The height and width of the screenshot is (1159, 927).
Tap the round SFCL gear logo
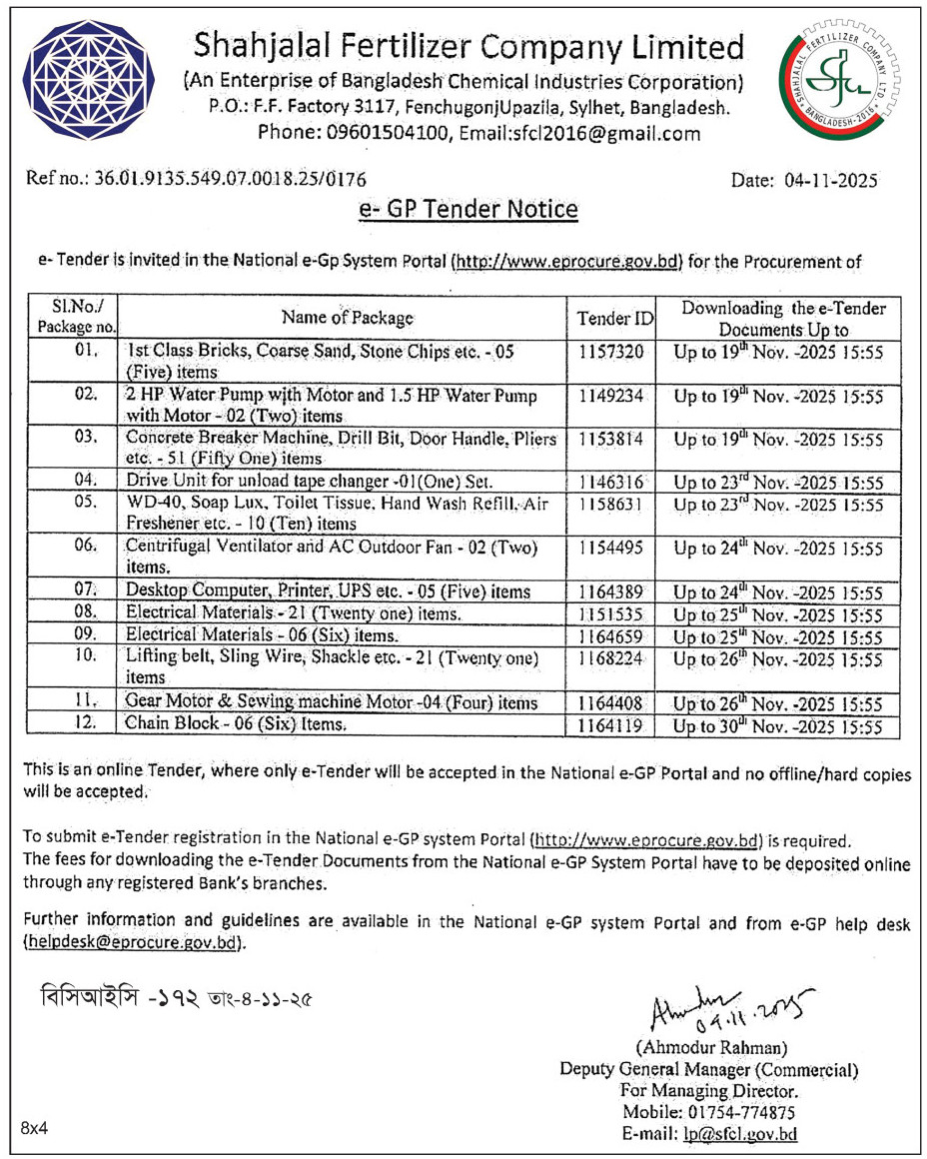click(839, 83)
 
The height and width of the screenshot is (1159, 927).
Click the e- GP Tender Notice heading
click(468, 211)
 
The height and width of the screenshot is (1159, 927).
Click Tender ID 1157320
click(610, 353)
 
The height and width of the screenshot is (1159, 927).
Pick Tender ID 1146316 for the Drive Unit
click(610, 480)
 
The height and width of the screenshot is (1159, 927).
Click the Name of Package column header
click(347, 318)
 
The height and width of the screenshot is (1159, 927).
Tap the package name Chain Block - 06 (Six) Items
click(237, 724)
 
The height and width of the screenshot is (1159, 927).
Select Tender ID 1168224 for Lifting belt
click(610, 658)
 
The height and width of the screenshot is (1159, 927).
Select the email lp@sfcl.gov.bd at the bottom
click(739, 1134)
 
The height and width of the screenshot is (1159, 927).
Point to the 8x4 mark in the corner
click(34, 1128)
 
